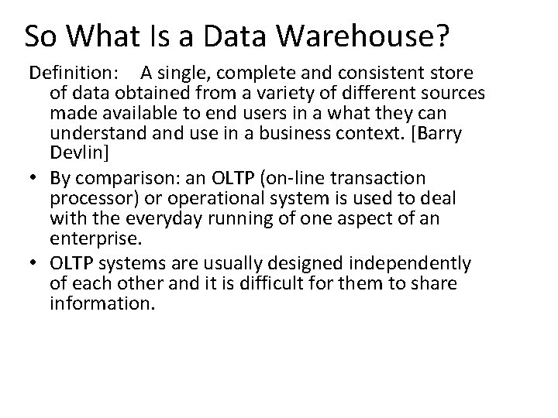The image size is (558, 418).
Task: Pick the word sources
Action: pyautogui.click(x=454, y=94)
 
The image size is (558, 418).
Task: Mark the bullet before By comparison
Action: pyautogui.click(x=36, y=179)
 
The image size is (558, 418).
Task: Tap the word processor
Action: pyautogui.click(x=88, y=199)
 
